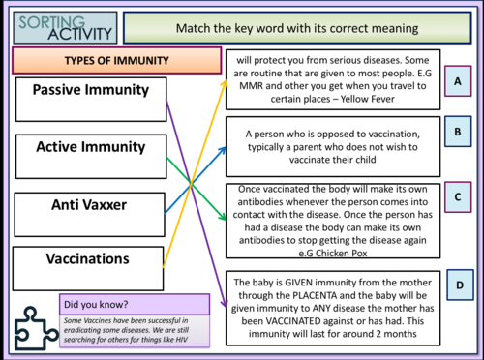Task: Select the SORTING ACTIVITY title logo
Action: tap(60, 26)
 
